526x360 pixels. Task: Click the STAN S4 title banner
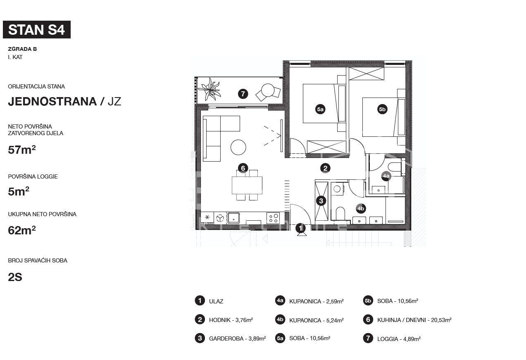tap(37, 30)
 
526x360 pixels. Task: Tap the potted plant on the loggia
tap(209, 89)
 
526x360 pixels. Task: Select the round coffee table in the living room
tap(238, 147)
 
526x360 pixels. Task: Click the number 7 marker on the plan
tap(243, 94)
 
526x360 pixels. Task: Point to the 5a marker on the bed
tap(320, 109)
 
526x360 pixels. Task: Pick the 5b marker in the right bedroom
tap(382, 109)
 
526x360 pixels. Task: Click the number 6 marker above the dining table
tap(243, 168)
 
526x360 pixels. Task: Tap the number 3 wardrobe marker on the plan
tap(321, 201)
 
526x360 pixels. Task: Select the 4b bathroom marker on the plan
tap(361, 209)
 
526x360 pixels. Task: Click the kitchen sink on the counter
tap(233, 218)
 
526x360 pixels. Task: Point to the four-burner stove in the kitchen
tap(273, 218)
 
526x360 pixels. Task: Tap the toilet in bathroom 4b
tap(340, 213)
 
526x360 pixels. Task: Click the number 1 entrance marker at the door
tap(300, 228)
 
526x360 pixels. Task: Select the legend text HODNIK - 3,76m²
tap(231, 320)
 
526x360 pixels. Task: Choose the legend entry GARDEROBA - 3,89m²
tap(238, 339)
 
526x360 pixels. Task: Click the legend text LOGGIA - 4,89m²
tap(399, 339)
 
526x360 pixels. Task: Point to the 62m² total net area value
tap(22, 230)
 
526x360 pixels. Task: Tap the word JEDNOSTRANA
tap(52, 101)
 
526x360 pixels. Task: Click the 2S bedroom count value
tap(15, 277)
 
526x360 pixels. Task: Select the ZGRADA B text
tap(22, 49)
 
